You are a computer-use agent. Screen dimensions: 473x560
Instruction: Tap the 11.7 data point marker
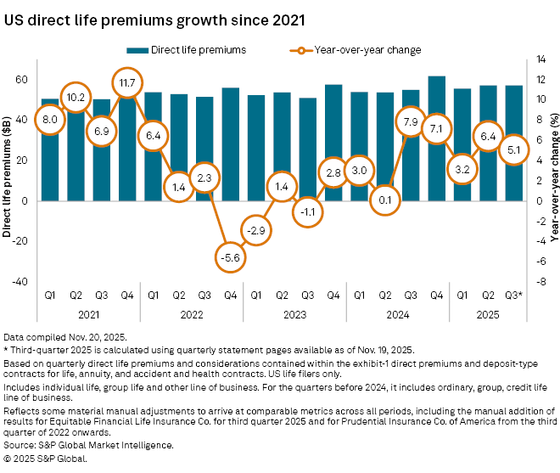coord(126,82)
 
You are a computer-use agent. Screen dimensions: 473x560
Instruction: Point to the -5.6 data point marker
coord(230,257)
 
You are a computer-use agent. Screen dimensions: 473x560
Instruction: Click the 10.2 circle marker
coord(75,98)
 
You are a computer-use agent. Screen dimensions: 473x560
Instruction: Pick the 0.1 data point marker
coord(385,200)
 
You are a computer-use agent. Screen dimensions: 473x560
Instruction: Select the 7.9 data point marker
coord(411,121)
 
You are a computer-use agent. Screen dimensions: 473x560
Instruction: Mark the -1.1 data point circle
coord(307,212)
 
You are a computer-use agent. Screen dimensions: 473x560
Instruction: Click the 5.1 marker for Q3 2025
coord(514,149)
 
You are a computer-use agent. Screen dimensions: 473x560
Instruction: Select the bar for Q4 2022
coord(230,144)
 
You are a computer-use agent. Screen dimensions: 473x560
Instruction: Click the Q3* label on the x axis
coord(514,296)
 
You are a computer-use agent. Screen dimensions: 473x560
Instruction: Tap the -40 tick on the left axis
coord(20,281)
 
